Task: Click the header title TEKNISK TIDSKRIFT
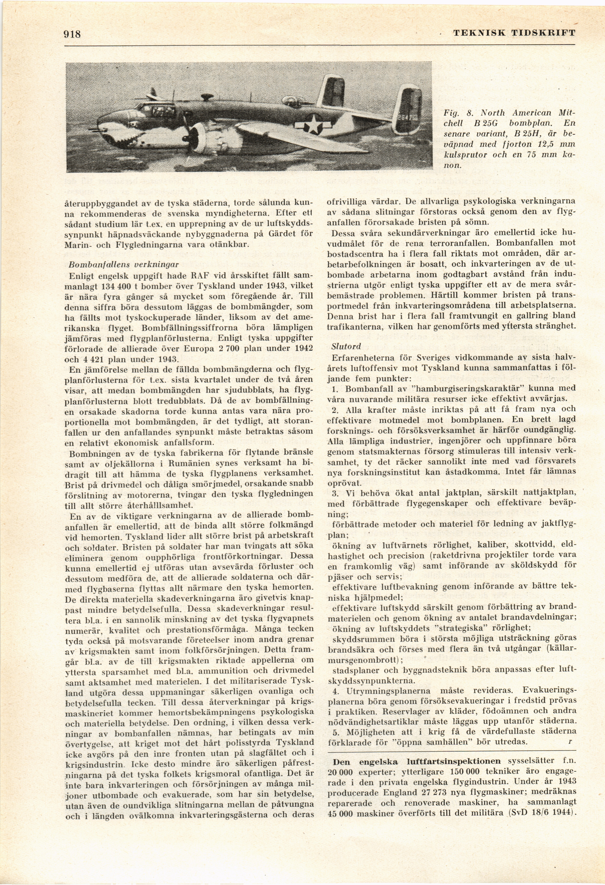coord(514,33)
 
